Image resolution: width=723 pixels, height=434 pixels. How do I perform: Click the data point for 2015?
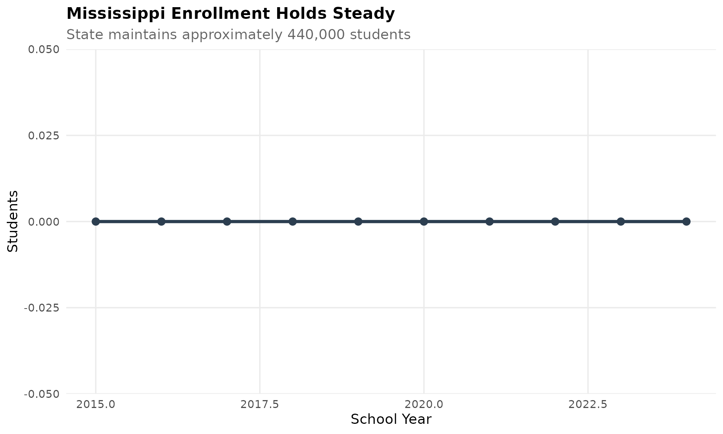pos(96,221)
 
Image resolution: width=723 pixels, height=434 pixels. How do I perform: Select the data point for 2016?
pos(161,221)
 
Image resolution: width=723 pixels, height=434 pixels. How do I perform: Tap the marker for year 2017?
pos(227,221)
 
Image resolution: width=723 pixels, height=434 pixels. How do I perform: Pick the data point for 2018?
pos(293,221)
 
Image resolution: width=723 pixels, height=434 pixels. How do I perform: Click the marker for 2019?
pos(358,221)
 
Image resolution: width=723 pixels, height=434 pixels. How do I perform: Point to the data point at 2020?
pos(424,221)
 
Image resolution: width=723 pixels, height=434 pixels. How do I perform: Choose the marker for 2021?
pos(490,221)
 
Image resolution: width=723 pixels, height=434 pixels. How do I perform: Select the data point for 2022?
pos(555,221)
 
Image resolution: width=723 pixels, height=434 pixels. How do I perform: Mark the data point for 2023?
pos(621,221)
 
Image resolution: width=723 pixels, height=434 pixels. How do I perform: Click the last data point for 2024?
pos(686,221)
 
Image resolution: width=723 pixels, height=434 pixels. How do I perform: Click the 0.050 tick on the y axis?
pos(44,49)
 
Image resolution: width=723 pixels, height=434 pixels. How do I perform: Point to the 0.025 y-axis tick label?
pos(44,135)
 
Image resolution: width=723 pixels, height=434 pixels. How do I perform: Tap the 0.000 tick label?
pos(44,222)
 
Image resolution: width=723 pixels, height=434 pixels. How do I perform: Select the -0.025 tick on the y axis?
pos(42,308)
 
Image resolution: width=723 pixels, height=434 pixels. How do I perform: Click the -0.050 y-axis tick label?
pos(42,394)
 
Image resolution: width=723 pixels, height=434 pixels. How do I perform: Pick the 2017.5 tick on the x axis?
pos(260,405)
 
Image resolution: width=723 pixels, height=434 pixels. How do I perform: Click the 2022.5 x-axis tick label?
pos(588,405)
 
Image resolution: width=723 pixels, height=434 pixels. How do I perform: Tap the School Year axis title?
pos(391,419)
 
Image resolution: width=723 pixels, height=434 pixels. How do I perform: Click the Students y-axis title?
pos(13,221)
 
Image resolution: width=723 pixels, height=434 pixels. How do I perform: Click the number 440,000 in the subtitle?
pos(316,35)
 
